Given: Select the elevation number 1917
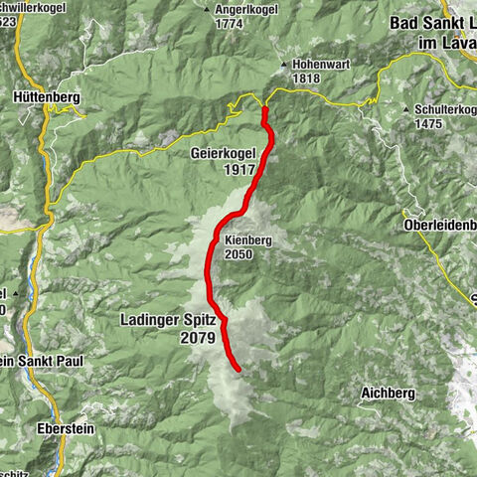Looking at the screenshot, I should [x=240, y=170].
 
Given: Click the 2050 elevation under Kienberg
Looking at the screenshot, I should [x=238, y=254].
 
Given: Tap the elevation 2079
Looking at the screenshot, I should [x=199, y=338].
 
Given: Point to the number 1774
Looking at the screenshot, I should [x=230, y=23].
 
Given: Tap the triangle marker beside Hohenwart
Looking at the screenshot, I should [x=283, y=62].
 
